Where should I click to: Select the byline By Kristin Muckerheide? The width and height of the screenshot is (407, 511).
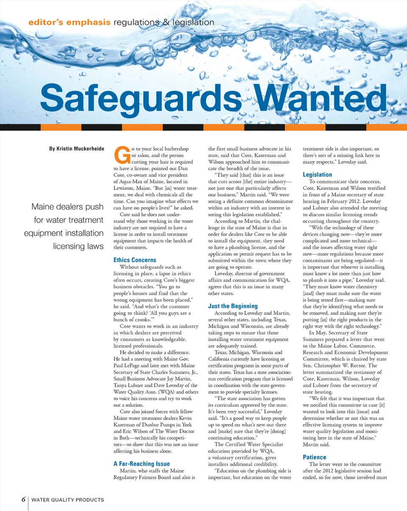tap(77, 149)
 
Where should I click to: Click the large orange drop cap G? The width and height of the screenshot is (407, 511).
tap(122, 156)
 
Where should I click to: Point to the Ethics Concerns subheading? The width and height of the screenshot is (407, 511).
tap(135, 260)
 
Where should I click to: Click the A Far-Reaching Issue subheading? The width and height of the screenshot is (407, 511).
tap(142, 464)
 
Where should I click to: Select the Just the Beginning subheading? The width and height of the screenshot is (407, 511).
tap(233, 306)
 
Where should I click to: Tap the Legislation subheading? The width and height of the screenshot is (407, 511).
tap(318, 175)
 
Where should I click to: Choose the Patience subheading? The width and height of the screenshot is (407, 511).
tap(315, 457)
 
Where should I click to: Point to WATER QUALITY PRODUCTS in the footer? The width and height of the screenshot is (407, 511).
tap(68, 500)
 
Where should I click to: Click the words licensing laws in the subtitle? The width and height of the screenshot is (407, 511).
tap(78, 246)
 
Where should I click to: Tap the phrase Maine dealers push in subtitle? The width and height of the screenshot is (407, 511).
tap(68, 207)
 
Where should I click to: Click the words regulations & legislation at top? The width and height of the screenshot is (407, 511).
tap(163, 22)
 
